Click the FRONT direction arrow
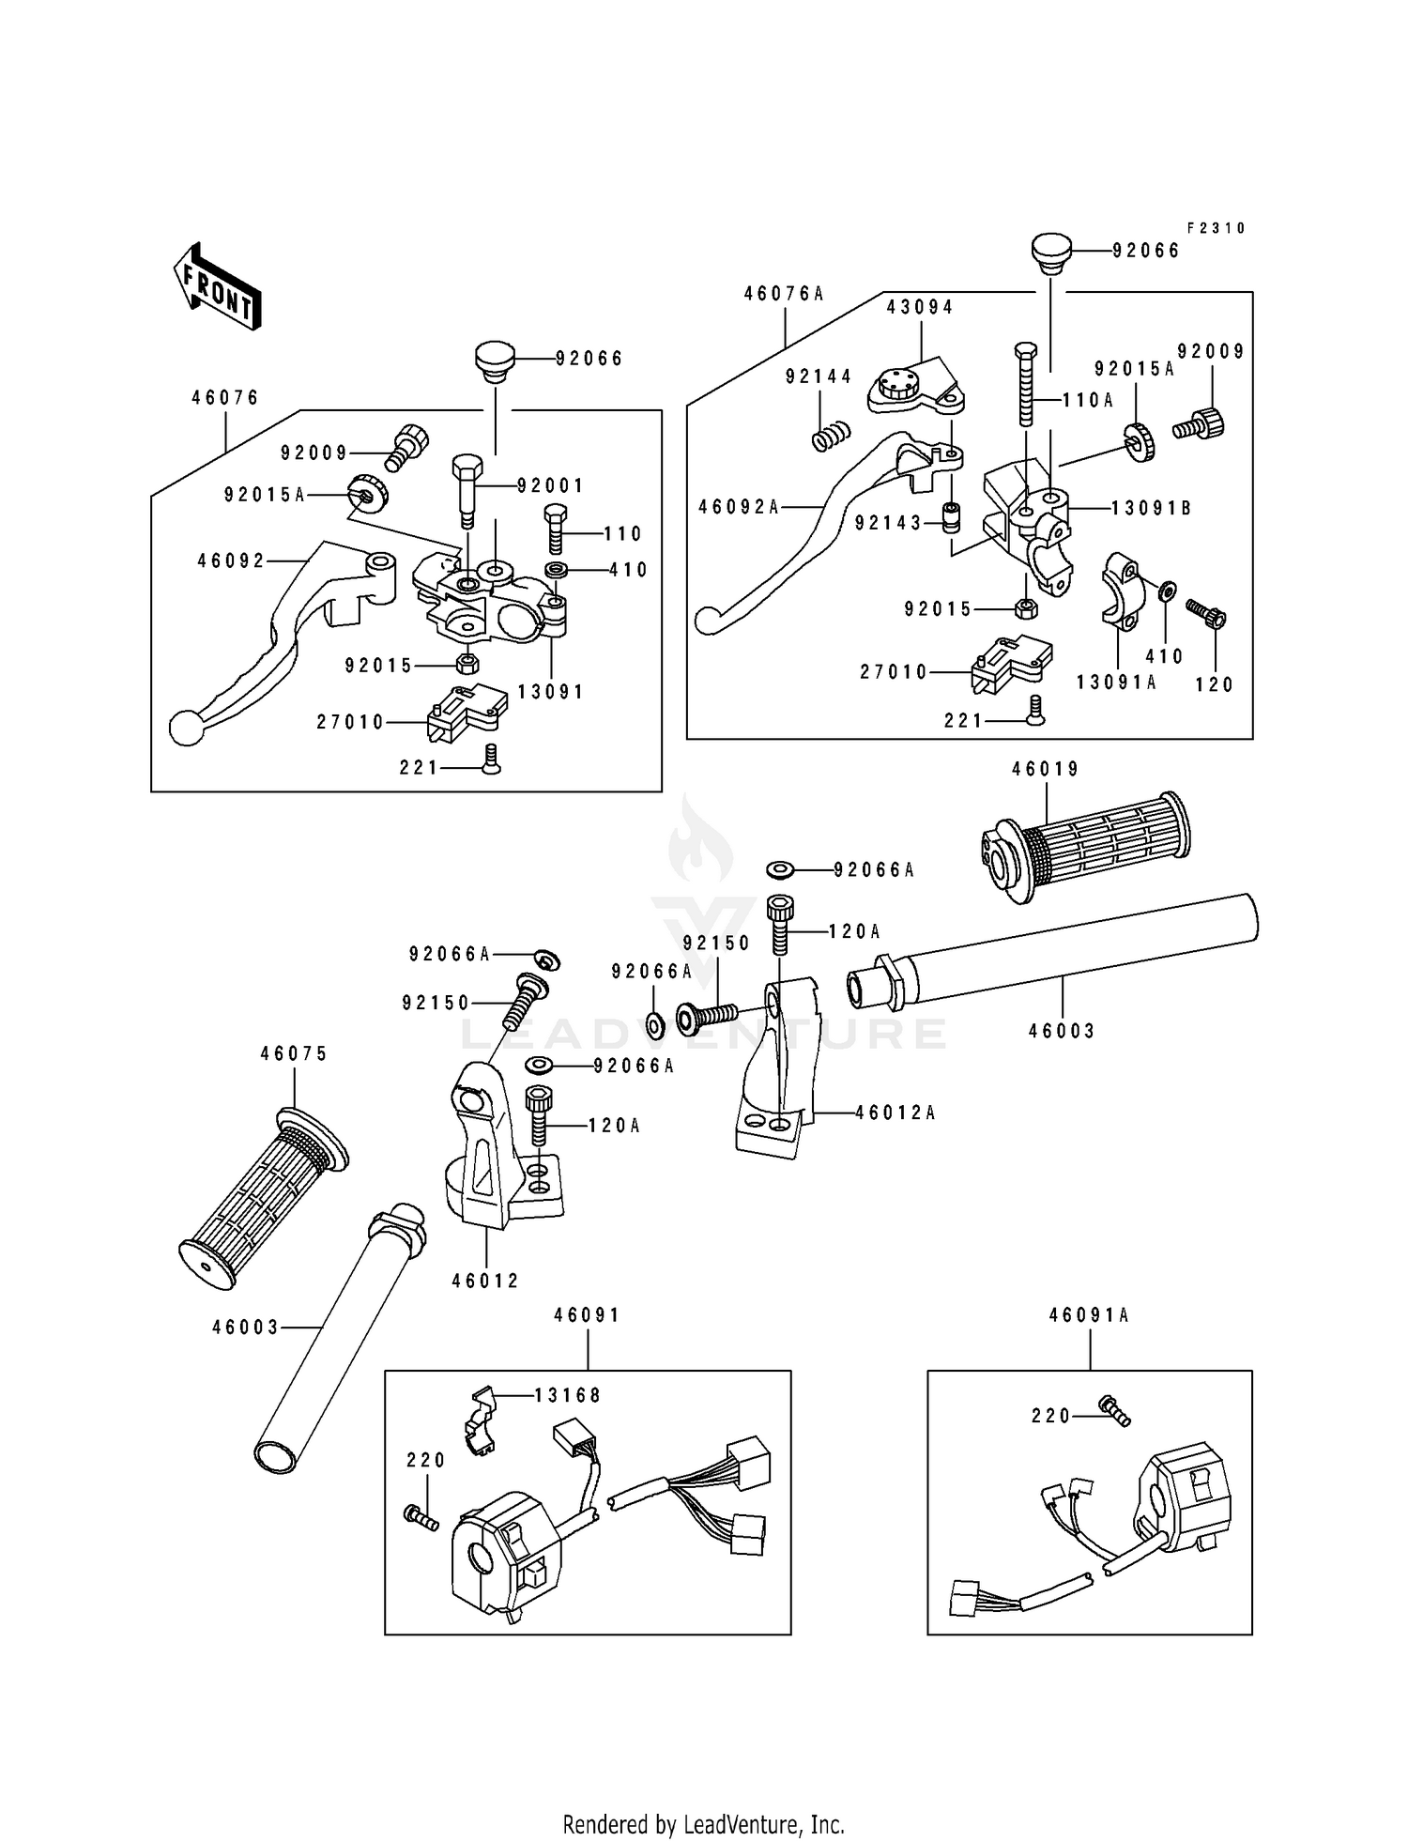[x=217, y=284]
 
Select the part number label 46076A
[x=784, y=294]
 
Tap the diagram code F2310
[x=1216, y=228]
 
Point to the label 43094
[x=920, y=308]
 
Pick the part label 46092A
[x=739, y=507]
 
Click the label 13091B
[x=1151, y=508]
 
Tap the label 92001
[x=550, y=485]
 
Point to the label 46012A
[x=895, y=1113]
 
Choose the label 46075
[x=295, y=1054]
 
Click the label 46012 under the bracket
[x=485, y=1281]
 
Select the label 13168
[x=568, y=1395]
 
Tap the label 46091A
[x=1089, y=1315]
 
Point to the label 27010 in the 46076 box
[x=351, y=722]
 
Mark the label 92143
[x=889, y=523]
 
